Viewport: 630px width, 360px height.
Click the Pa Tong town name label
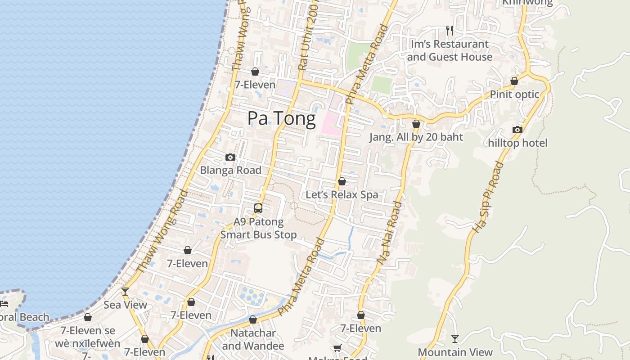point(282,118)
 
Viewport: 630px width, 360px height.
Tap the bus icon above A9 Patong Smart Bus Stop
point(258,208)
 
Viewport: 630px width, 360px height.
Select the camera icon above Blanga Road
point(230,157)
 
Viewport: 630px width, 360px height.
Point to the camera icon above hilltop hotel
point(517,130)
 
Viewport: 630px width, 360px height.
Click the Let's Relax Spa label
point(342,195)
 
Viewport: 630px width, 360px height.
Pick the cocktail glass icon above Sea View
point(125,292)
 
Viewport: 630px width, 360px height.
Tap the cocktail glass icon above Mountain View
point(455,338)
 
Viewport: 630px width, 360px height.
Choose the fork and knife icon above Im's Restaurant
point(449,30)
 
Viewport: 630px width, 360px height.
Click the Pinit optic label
point(514,94)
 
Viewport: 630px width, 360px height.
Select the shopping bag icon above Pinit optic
point(514,81)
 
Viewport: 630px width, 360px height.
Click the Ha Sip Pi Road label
point(487,197)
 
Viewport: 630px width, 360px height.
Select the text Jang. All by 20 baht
point(416,137)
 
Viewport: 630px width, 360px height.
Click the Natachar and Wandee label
point(253,339)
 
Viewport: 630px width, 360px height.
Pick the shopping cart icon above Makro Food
point(337,348)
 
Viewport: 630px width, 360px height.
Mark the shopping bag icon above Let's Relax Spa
point(342,181)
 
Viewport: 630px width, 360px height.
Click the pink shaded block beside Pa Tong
point(331,121)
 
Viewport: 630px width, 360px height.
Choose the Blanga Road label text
point(230,170)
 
